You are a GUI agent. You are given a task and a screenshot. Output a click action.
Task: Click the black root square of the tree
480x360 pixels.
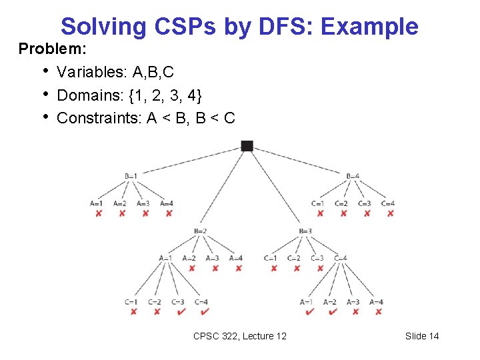pos(247,146)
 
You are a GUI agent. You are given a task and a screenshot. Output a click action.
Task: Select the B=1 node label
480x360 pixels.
pos(131,176)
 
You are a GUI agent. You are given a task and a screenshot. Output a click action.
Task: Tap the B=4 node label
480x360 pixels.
pos(353,176)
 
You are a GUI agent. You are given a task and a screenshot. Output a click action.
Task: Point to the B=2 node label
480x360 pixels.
pos(200,231)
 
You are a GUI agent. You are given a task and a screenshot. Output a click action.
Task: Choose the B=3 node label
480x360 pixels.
pos(305,231)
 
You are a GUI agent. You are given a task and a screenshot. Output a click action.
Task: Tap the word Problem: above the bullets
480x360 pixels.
pos(45,49)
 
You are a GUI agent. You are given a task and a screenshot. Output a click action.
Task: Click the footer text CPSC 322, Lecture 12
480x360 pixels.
pos(239,336)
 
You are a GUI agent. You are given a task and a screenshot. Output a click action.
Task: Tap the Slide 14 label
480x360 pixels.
pos(422,336)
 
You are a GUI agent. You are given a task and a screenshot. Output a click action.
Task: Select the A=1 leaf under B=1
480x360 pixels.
pos(97,203)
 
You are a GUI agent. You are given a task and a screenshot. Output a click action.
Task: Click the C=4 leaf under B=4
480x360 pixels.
pos(388,203)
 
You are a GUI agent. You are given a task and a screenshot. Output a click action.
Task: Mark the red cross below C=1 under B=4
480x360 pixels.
pos(320,213)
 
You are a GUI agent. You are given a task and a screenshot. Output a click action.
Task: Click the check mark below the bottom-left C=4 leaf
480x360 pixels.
pos(203,311)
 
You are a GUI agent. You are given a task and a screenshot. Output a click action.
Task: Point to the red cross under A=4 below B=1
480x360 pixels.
pos(168,213)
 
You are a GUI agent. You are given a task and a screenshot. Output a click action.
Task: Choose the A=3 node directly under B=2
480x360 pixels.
pos(212,258)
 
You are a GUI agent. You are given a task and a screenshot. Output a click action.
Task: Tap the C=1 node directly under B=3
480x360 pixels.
pos(270,258)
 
